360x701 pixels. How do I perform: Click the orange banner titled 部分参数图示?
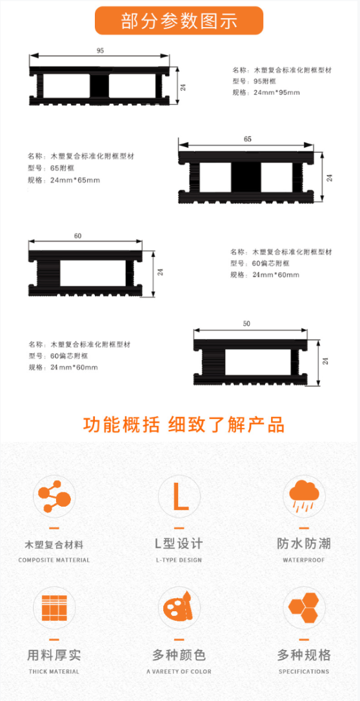click(x=179, y=21)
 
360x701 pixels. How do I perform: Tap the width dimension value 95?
click(x=100, y=50)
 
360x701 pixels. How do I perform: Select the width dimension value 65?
click(x=248, y=139)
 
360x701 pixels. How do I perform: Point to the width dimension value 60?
click(x=77, y=236)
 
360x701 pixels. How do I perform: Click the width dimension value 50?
click(x=246, y=323)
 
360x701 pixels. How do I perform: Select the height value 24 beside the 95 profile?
click(x=183, y=87)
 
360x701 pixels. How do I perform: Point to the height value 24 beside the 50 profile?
click(x=326, y=361)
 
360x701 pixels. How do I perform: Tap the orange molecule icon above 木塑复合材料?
click(x=54, y=496)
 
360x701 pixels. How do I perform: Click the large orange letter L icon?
click(x=179, y=496)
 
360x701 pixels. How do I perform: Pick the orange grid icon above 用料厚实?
click(x=54, y=608)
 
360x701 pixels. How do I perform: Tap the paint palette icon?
click(x=179, y=608)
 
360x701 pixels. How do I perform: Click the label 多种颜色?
click(x=179, y=655)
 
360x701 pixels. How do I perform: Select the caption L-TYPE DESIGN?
click(x=179, y=560)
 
